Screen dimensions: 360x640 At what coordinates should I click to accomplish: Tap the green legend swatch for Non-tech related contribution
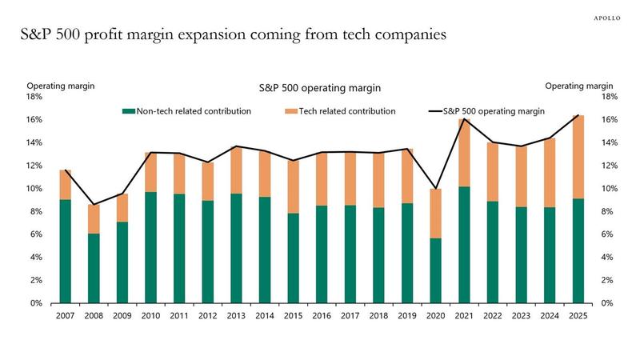coord(126,111)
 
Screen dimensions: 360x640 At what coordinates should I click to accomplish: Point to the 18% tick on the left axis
coord(37,97)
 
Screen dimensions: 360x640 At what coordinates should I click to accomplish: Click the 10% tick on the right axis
coord(605,189)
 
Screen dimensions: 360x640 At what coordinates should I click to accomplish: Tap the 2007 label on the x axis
coord(65,316)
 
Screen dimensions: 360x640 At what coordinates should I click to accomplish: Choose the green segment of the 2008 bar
coord(94,268)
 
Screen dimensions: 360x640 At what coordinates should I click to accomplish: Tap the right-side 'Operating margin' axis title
coord(579,86)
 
